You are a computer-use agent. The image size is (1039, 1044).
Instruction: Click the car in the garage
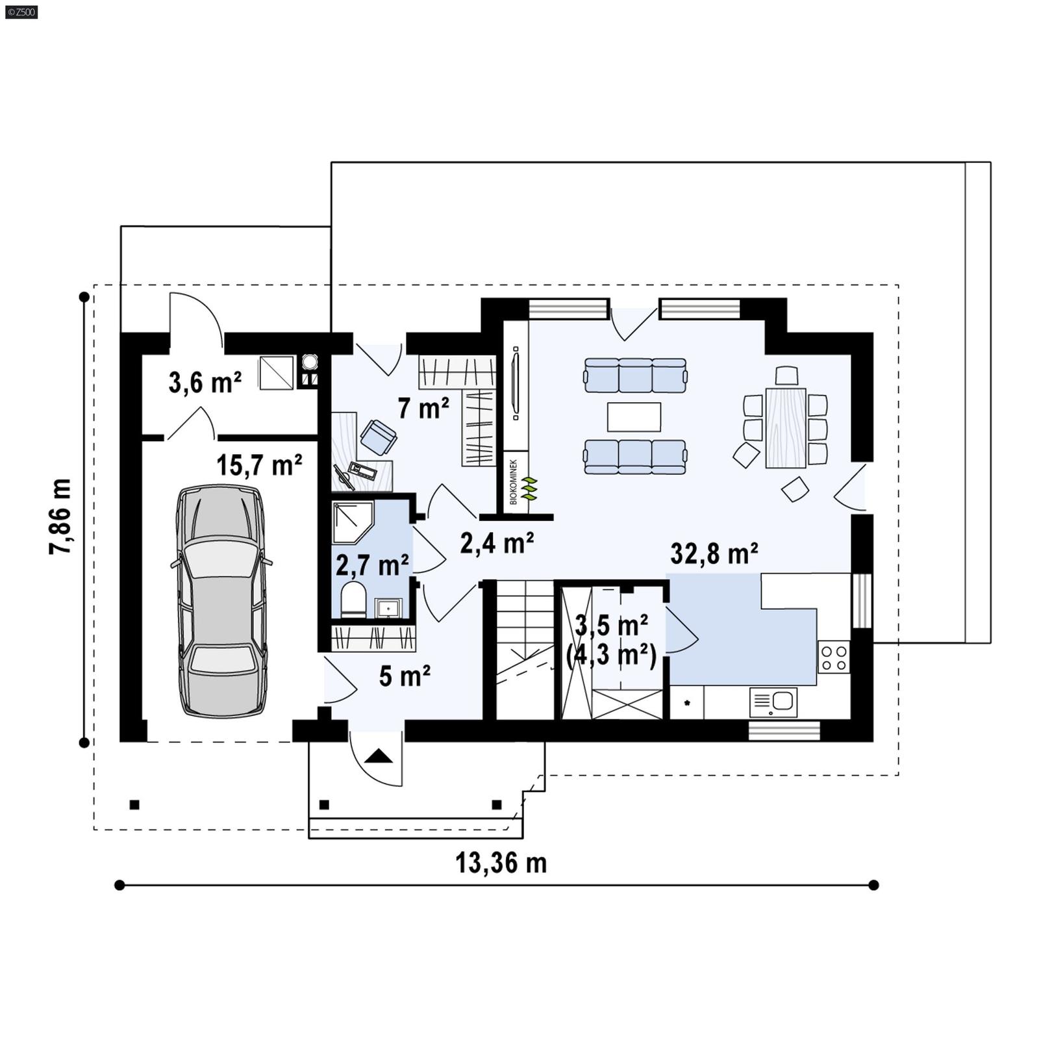221,602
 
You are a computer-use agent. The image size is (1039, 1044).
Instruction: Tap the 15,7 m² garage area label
259,465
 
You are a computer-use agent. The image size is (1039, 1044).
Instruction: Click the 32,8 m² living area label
714,554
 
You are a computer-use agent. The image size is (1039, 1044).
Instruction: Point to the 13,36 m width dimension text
501,863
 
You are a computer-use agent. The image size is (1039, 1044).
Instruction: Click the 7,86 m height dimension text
60,516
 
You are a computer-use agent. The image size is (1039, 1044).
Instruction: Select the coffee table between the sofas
634,417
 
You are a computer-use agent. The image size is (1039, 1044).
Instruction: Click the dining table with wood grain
786,427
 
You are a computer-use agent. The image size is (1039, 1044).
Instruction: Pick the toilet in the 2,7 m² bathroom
354,599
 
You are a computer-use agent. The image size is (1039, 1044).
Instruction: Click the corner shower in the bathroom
351,521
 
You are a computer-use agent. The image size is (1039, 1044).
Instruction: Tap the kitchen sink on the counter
773,702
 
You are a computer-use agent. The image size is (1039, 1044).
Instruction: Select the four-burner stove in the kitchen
833,657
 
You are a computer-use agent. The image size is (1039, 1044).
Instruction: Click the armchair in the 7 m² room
379,437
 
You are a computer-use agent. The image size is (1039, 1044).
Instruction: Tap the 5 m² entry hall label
405,676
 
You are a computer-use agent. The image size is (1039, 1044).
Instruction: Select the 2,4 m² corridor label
497,543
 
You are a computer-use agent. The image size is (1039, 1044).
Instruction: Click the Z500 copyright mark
21,12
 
